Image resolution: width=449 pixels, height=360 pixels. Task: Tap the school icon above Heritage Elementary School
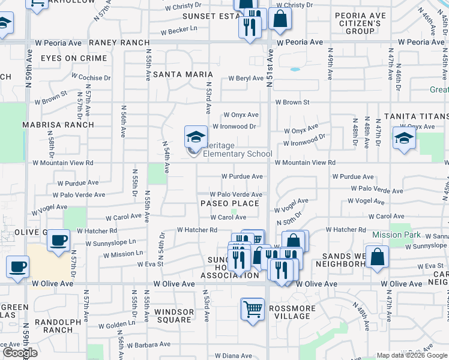[x=196, y=137]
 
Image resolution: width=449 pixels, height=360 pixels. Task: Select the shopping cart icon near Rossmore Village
[x=253, y=309]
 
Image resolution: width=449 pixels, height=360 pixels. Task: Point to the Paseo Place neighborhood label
[x=230, y=203]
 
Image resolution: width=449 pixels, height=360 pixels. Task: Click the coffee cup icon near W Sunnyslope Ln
[x=59, y=240]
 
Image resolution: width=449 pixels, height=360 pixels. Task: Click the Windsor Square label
[x=174, y=316]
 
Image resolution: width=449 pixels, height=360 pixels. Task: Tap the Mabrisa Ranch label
[x=58, y=125]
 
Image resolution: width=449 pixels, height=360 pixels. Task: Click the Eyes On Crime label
[x=74, y=59]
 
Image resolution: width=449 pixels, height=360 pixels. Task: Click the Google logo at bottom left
[x=20, y=353]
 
